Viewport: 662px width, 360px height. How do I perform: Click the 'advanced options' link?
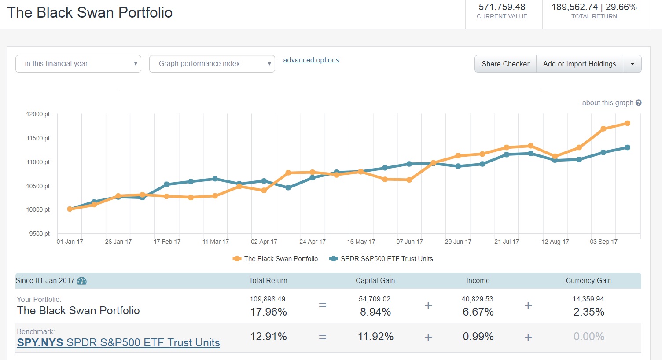tap(311, 60)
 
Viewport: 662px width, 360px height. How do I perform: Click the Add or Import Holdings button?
tap(579, 64)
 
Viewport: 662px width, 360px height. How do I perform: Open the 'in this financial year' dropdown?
tap(78, 64)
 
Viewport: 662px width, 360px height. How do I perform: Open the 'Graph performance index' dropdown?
tap(212, 64)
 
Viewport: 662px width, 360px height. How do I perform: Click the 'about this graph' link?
tap(607, 103)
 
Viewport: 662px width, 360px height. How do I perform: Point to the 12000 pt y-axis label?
tap(38, 114)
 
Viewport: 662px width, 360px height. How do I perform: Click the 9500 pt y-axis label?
tap(40, 234)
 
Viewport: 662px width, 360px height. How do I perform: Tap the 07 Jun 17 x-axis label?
tap(409, 242)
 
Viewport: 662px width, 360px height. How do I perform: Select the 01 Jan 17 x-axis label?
tap(70, 242)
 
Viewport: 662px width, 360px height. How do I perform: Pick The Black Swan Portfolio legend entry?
tap(280, 259)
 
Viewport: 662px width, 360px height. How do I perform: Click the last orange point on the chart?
tap(627, 123)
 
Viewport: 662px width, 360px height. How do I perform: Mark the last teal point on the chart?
tap(627, 147)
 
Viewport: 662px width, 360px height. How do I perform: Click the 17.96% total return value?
tap(268, 312)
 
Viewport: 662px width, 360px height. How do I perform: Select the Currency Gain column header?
tap(588, 281)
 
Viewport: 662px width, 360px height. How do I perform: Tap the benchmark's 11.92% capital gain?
tap(375, 337)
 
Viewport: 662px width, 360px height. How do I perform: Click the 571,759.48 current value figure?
tap(502, 7)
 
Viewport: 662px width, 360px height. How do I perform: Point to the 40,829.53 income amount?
tap(477, 299)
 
